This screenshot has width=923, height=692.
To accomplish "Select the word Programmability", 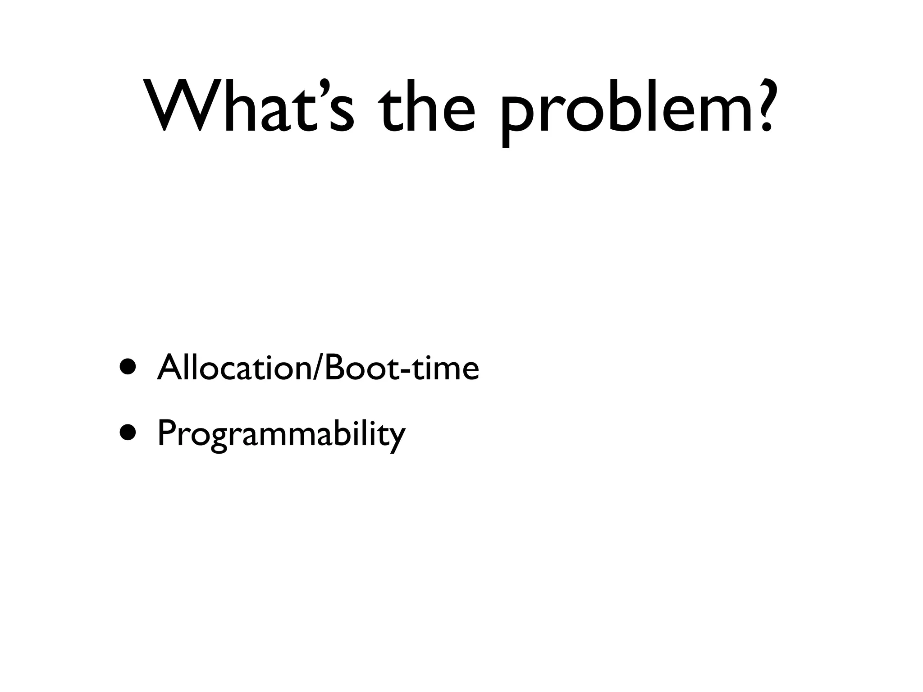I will tap(281, 434).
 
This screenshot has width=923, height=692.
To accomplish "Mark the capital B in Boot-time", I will tap(333, 367).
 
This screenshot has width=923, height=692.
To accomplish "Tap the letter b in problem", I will tap(622, 106).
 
